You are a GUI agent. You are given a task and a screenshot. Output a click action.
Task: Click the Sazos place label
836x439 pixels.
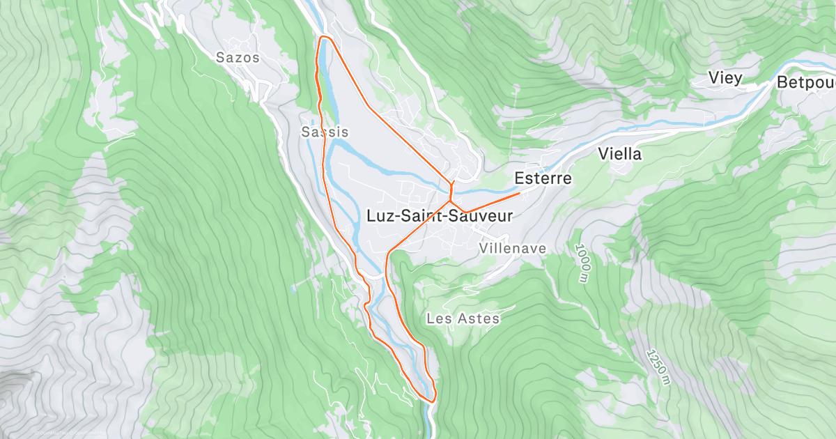click(238, 58)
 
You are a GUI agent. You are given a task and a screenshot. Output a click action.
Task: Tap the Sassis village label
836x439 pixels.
click(325, 132)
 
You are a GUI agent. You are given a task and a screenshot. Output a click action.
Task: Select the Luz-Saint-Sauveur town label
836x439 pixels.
click(439, 216)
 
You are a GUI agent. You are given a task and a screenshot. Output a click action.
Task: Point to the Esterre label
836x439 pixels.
click(543, 179)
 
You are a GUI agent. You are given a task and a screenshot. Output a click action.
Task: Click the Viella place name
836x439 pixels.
click(620, 154)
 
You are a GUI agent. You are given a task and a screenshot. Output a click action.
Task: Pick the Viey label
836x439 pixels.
click(725, 77)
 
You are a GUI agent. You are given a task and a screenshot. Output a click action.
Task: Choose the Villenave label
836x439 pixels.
click(513, 249)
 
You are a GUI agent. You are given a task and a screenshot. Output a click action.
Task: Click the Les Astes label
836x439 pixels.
click(463, 319)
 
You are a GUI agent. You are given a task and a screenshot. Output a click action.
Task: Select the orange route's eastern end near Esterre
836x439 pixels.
click(519, 192)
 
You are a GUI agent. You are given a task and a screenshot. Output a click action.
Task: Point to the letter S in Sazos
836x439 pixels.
click(220, 58)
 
